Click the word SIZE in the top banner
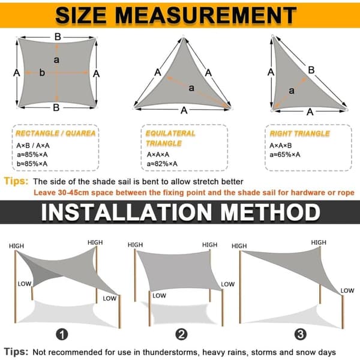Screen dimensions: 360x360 tap(81, 16)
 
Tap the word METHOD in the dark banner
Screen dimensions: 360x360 tap(270, 212)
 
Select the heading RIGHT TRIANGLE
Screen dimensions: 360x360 tap(299, 134)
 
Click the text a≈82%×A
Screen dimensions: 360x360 tap(162, 164)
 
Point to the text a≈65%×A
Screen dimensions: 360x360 tap(285, 155)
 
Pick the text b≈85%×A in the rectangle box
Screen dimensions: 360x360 tap(32, 164)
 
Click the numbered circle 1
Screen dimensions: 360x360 tap(62, 334)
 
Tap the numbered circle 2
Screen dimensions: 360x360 tap(181, 334)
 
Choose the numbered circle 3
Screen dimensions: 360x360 tap(301, 334)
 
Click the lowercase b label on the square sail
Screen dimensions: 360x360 tap(42, 73)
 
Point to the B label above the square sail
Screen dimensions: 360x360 tap(58, 37)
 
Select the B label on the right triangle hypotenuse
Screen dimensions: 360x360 tap(311, 70)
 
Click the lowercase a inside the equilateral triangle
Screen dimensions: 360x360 tap(191, 88)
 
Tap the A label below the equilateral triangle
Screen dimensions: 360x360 tap(184, 110)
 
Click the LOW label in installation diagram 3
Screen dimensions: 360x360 tap(347, 290)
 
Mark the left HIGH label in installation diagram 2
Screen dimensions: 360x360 tap(135, 245)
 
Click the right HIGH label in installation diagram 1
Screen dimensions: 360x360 tap(95, 242)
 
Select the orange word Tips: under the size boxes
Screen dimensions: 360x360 tap(16, 181)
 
